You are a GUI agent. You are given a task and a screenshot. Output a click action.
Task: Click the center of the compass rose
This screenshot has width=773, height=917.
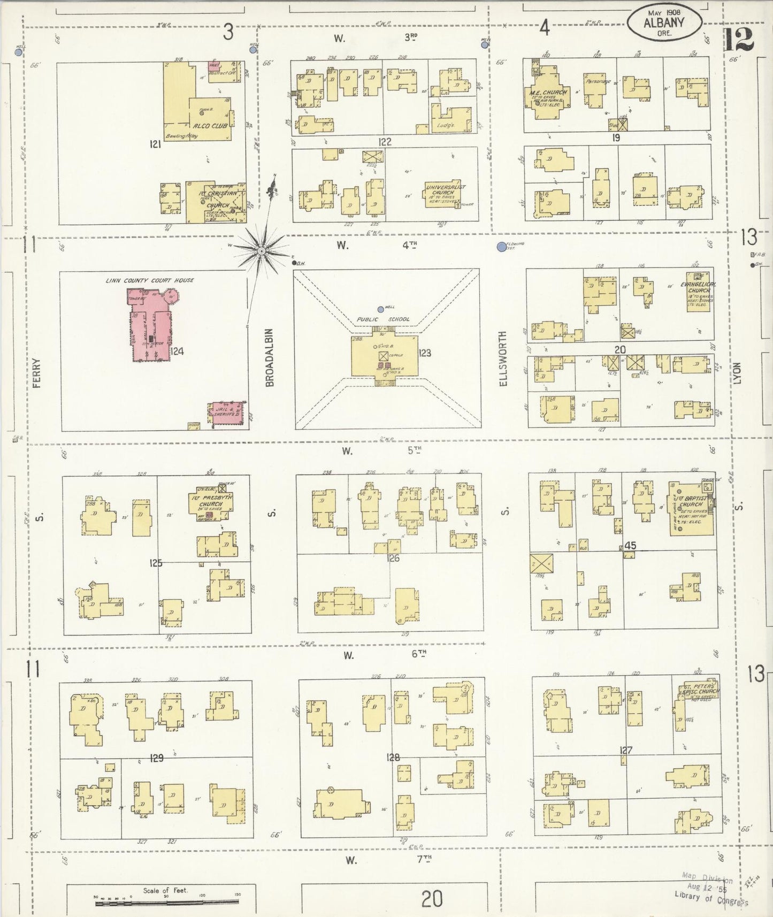261,251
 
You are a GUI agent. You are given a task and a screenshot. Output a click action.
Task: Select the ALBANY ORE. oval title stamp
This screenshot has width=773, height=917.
664,24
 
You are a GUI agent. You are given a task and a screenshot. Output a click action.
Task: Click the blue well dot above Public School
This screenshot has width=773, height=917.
380,309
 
